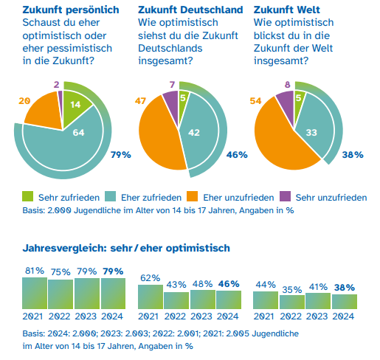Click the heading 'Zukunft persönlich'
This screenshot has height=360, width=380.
pos(71,10)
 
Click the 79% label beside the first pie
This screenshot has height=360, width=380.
pos(120,155)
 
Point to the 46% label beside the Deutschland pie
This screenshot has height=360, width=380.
pos(236,155)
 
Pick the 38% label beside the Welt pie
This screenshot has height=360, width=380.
pos(353,155)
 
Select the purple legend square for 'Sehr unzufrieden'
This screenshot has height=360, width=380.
pos(283,197)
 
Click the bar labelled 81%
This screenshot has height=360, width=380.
pos(34,293)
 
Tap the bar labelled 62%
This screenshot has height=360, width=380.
pos(151,297)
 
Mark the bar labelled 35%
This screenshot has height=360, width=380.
pos(291,302)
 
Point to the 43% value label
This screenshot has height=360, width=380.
pos(176,285)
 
